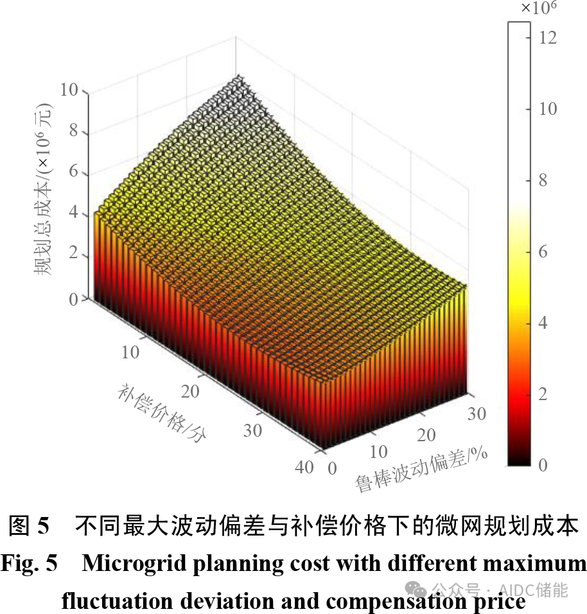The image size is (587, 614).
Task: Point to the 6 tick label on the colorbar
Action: pyautogui.click(x=530, y=252)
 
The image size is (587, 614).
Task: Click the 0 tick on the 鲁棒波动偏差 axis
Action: pyautogui.click(x=331, y=468)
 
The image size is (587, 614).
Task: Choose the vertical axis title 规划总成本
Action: pyautogui.click(x=43, y=189)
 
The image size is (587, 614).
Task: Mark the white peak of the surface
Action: pyautogui.click(x=240, y=79)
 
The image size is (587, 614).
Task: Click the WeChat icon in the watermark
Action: pyautogui.click(x=418, y=589)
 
